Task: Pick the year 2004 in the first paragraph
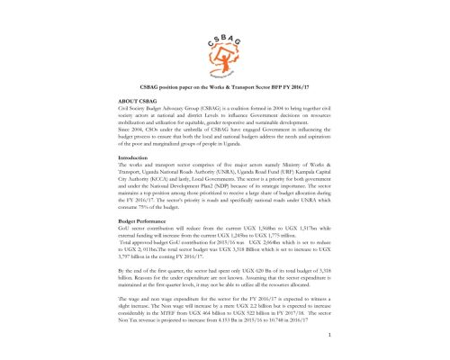click(271, 107)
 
